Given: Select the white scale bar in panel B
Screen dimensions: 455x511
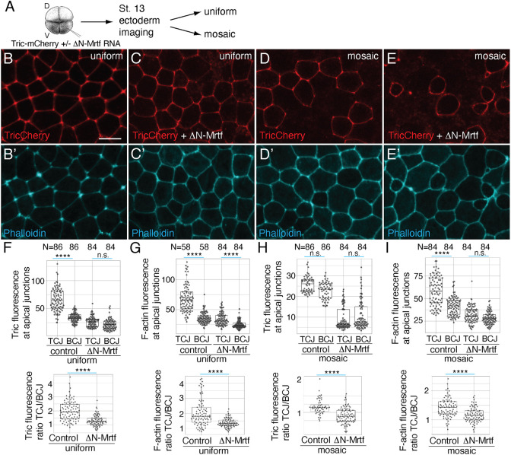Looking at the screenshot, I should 105,138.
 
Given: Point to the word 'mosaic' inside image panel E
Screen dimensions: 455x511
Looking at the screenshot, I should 481,58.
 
